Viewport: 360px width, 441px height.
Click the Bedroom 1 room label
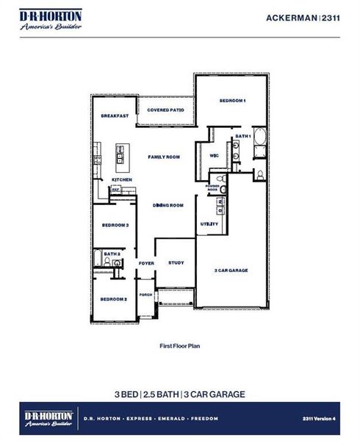pyautogui.click(x=232, y=101)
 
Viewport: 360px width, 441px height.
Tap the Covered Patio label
pyautogui.click(x=165, y=110)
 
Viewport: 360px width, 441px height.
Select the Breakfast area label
pyautogui.click(x=115, y=116)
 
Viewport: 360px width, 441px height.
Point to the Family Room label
pyautogui.click(x=164, y=157)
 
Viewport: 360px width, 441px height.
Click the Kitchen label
pyautogui.click(x=121, y=179)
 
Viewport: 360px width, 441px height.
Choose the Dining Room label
pyautogui.click(x=168, y=205)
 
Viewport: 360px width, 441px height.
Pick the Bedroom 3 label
pyautogui.click(x=115, y=225)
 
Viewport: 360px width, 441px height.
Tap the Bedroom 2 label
pyautogui.click(x=114, y=299)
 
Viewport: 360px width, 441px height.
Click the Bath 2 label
pyautogui.click(x=112, y=254)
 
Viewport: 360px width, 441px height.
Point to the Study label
pyautogui.click(x=176, y=262)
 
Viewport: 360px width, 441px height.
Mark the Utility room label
pyautogui.click(x=209, y=224)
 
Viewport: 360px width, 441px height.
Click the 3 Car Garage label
pyautogui.click(x=231, y=270)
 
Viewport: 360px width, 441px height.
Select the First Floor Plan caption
pyautogui.click(x=180, y=345)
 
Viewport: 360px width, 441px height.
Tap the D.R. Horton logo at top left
pyautogui.click(x=51, y=20)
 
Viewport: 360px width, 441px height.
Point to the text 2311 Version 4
pyautogui.click(x=318, y=417)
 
